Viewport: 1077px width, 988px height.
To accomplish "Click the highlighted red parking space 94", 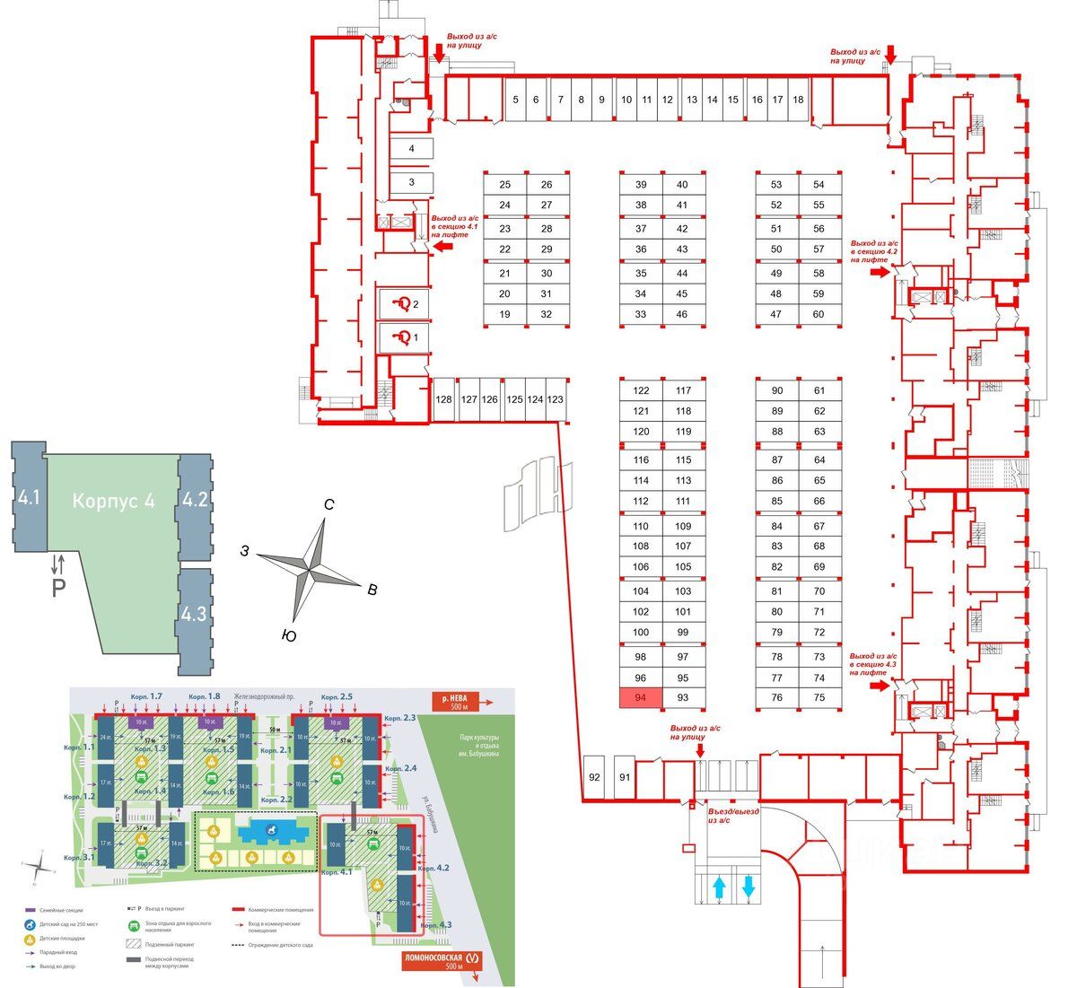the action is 641,698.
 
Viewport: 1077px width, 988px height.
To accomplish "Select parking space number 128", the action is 443,399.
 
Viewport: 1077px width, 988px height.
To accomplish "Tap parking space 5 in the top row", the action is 515,100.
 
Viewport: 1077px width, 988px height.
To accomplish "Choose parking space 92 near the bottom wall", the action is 593,777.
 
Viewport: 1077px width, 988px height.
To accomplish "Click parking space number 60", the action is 819,314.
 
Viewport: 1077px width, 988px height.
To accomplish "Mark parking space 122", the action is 641,390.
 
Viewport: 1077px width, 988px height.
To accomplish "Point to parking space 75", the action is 819,698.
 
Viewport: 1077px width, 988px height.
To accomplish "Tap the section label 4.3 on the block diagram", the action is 194,615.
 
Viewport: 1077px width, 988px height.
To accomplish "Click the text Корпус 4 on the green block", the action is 113,501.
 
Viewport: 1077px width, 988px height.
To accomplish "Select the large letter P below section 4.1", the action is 58,589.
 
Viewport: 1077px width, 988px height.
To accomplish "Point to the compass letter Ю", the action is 288,635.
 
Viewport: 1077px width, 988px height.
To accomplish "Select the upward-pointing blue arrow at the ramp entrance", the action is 719,887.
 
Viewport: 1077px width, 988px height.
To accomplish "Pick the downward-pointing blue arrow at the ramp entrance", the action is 749,887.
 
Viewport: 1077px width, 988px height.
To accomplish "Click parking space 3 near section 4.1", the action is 411,182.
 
